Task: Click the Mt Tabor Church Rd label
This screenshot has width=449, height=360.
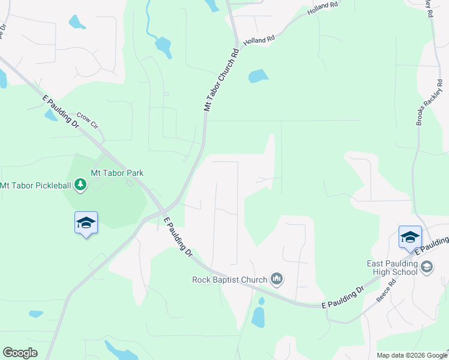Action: tap(221, 80)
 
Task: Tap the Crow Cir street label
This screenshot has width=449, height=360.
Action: tap(87, 121)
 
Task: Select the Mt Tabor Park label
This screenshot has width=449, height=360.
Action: tap(117, 173)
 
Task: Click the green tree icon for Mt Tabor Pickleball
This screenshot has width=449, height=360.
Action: tap(81, 185)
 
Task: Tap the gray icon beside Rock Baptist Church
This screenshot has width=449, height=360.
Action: tap(277, 278)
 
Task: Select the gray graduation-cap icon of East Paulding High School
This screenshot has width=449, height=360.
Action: tap(427, 267)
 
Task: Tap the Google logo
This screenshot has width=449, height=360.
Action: tap(20, 353)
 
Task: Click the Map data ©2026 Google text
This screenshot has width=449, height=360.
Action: tap(411, 355)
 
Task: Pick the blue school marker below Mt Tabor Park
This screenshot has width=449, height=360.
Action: tap(86, 223)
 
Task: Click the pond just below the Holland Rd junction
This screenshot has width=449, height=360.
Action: tap(258, 76)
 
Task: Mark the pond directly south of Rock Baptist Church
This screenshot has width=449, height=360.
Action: tap(259, 316)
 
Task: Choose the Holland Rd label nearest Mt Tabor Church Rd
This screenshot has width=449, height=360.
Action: tap(259, 40)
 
